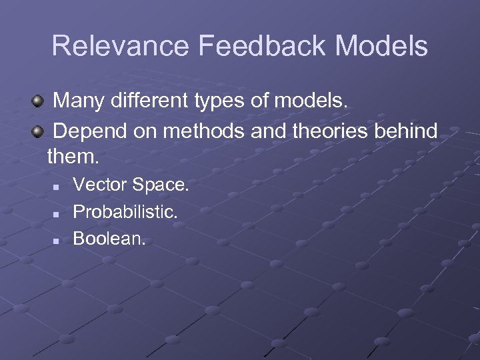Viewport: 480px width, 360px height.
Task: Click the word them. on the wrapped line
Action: pos(73,158)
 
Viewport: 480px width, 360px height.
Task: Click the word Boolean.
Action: pos(108,237)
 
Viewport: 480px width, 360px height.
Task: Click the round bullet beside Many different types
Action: pos(39,103)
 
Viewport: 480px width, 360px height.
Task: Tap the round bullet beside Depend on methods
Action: pos(39,132)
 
